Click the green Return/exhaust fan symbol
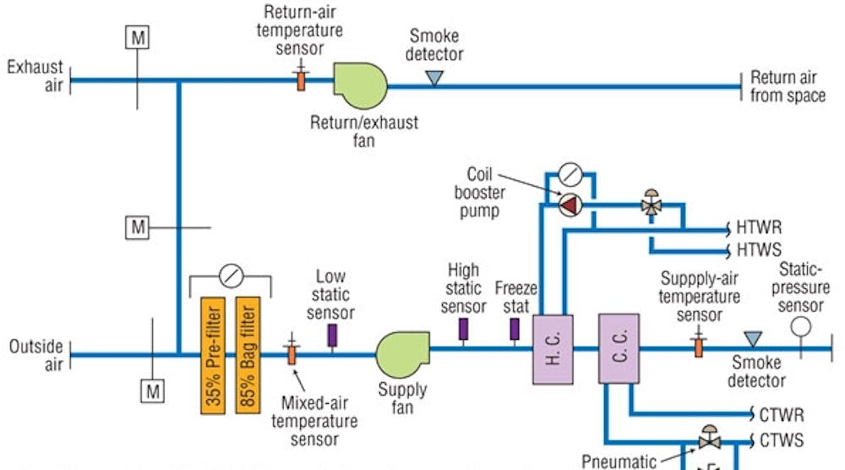[359, 83]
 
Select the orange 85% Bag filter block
[248, 354]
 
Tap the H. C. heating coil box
[553, 348]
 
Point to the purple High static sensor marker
[463, 329]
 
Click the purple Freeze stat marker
[514, 329]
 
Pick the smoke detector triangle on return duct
[434, 78]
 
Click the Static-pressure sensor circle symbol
[801, 325]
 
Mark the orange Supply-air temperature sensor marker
[699, 347]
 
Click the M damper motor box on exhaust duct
[137, 36]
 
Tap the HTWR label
[759, 228]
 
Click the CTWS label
[782, 440]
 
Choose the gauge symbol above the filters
[229, 276]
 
